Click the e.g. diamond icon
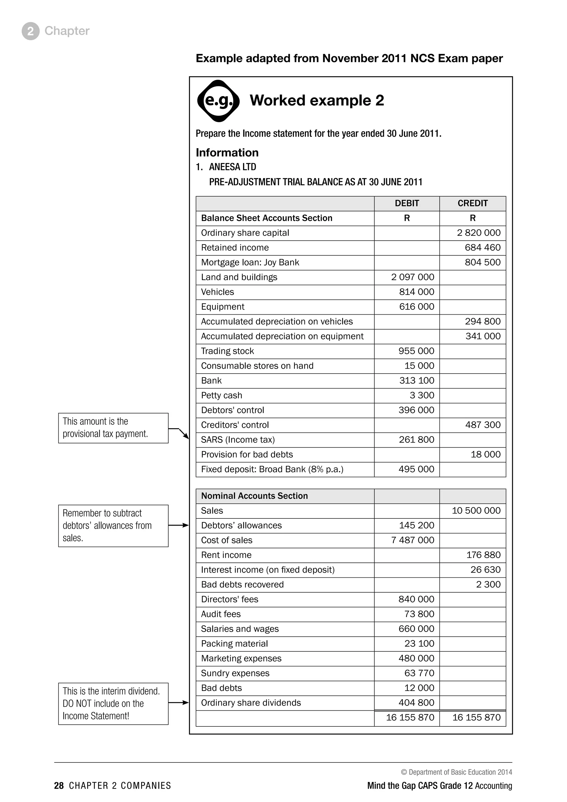point(218,101)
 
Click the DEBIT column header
point(407,203)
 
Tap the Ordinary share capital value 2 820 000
point(479,233)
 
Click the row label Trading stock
point(227,351)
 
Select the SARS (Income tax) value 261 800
point(416,439)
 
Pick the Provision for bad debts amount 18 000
point(485,454)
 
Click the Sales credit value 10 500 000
point(476,511)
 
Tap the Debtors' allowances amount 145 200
point(416,525)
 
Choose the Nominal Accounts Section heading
point(254,496)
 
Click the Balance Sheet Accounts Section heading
point(266,218)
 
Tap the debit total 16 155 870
point(410,718)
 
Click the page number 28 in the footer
point(59,786)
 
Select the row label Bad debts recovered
point(242,585)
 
